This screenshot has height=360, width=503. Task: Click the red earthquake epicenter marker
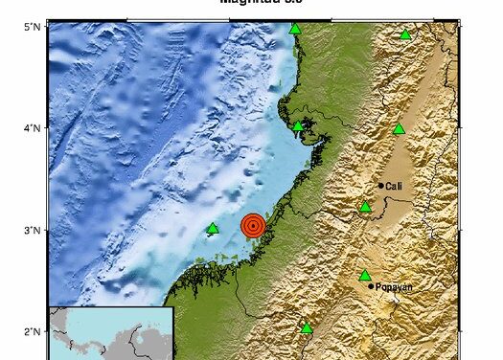click(x=253, y=226)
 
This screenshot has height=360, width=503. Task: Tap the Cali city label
click(x=393, y=186)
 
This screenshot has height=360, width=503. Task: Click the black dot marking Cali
click(x=381, y=186)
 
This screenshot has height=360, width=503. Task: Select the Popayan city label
click(x=393, y=286)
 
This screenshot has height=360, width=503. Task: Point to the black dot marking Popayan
click(x=371, y=285)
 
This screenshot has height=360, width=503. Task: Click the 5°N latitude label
click(x=31, y=27)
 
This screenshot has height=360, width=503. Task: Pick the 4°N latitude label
click(x=31, y=127)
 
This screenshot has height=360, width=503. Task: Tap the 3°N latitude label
click(x=31, y=230)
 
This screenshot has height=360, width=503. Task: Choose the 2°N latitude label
click(x=31, y=331)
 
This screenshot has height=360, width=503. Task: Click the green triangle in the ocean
click(x=213, y=228)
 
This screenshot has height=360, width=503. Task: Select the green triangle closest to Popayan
click(x=364, y=276)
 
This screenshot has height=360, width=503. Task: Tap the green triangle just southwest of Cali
click(x=365, y=207)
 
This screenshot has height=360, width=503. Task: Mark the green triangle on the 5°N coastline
click(x=295, y=28)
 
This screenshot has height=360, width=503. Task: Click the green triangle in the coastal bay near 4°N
click(x=298, y=126)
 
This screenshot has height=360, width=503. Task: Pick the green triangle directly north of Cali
click(x=400, y=128)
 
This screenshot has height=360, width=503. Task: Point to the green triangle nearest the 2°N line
click(x=307, y=328)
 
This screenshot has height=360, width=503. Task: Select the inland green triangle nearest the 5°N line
click(x=405, y=35)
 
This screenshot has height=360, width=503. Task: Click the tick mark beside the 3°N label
click(x=46, y=230)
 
